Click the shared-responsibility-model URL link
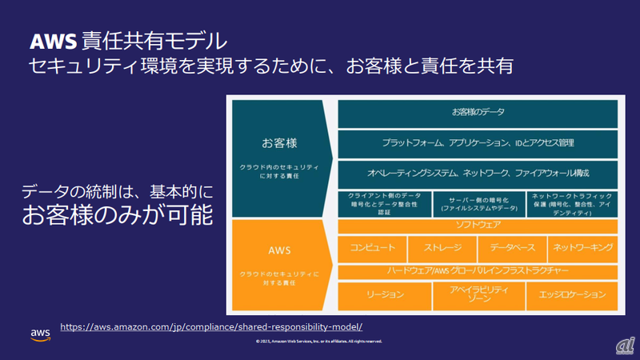click(211, 326)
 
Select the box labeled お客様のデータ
click(478, 113)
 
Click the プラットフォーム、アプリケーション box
click(478, 143)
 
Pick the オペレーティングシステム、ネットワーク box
click(478, 174)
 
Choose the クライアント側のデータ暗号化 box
click(384, 204)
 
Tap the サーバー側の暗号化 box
click(478, 204)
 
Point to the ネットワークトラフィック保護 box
click(571, 204)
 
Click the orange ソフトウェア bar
click(478, 226)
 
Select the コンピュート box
click(372, 248)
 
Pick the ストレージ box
click(442, 248)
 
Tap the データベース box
click(513, 248)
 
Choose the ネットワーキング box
click(582, 248)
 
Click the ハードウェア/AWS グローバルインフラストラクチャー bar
click(478, 271)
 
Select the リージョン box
click(384, 295)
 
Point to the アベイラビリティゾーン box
click(478, 295)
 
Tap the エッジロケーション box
click(571, 295)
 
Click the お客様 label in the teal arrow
click(279, 143)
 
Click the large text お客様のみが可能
click(118, 214)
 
